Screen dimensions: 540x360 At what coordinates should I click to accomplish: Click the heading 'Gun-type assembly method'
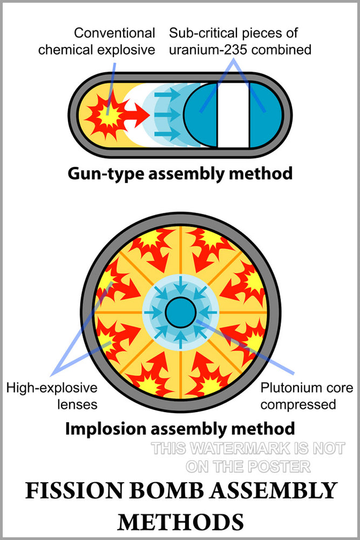tap(180, 173)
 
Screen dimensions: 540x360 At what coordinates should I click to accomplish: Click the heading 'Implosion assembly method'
tap(180, 429)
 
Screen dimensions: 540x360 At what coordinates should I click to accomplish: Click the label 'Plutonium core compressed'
tap(306, 396)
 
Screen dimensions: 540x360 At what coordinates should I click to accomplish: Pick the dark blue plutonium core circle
tap(180, 312)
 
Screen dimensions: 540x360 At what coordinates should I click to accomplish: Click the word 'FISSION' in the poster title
tap(64, 492)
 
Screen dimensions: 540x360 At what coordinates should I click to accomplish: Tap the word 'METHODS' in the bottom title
tap(180, 522)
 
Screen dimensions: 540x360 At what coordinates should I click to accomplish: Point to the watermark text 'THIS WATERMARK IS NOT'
tap(248, 448)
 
